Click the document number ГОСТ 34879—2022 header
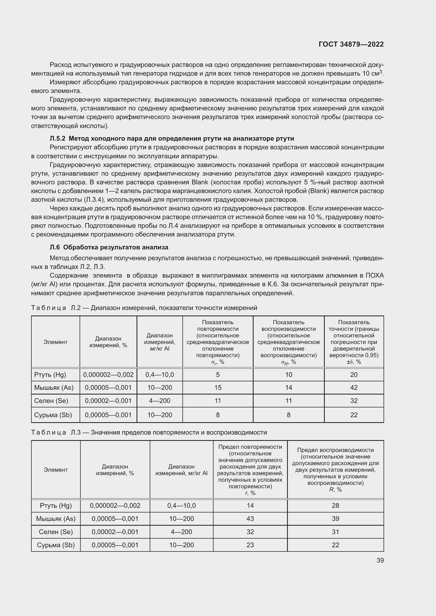coord(351,44)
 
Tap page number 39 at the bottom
coord(380,560)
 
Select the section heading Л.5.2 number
coord(57,139)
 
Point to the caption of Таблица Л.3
coord(149,432)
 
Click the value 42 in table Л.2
coord(353,387)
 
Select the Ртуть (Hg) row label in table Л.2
coord(50,374)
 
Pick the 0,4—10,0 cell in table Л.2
coord(159,374)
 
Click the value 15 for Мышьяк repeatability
coord(218,387)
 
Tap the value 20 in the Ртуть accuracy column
coord(353,374)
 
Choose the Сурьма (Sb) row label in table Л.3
coord(56,545)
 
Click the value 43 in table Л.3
coord(250,519)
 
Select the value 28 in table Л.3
coord(335,505)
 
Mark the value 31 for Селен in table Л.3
coord(335,532)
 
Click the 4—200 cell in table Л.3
coord(181,532)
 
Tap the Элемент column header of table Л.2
coord(55,342)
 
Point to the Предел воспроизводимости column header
coord(335,470)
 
